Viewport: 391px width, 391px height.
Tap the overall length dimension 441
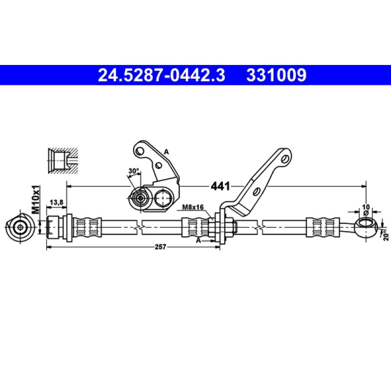(x=219, y=186)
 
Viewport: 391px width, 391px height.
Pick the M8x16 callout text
(x=193, y=207)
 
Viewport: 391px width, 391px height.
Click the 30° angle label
(x=133, y=171)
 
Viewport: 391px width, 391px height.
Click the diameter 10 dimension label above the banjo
(x=366, y=207)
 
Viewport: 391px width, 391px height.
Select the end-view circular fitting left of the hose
(x=20, y=226)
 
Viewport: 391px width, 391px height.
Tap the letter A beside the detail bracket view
(x=166, y=152)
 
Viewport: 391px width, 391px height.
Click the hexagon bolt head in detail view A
(x=163, y=198)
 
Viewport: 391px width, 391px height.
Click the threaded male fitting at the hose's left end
(x=55, y=226)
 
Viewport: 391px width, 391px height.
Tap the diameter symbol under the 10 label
(x=366, y=213)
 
